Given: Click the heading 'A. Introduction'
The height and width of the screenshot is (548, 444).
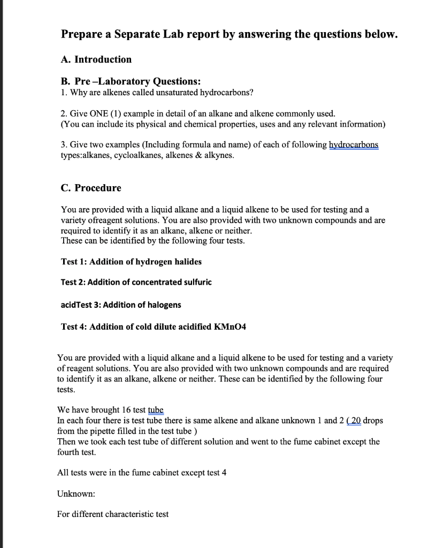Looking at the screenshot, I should click(x=96, y=59).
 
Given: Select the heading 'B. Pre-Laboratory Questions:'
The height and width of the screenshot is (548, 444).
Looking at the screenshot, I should click(x=131, y=82).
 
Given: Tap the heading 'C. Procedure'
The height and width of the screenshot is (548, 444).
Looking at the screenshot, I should click(x=90, y=188).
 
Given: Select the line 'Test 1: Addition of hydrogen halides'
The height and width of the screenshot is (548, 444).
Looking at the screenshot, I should click(x=131, y=262).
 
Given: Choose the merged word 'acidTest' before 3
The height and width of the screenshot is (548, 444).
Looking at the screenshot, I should click(x=76, y=305).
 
